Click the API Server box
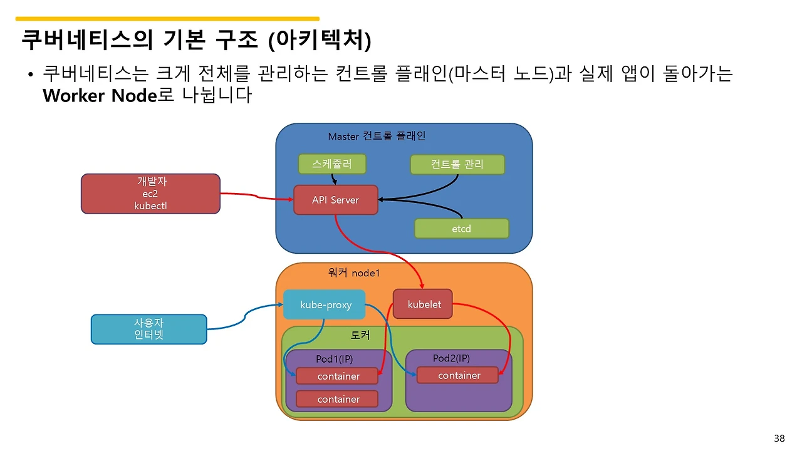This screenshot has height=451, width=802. click(x=336, y=200)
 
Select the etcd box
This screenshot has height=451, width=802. click(x=461, y=229)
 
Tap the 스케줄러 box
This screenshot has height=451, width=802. click(x=331, y=164)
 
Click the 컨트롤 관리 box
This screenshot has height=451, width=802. click(x=457, y=164)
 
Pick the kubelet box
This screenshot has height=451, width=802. click(x=424, y=304)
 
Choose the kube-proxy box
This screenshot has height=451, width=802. click(x=325, y=305)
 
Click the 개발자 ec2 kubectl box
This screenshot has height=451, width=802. click(x=150, y=194)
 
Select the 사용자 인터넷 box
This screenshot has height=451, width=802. click(x=148, y=329)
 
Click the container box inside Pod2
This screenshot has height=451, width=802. click(x=459, y=375)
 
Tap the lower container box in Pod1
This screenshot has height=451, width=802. click(x=338, y=399)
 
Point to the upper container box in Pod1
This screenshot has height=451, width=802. click(x=338, y=376)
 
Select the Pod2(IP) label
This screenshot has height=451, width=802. click(x=451, y=358)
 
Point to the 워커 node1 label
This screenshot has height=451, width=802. click(x=354, y=272)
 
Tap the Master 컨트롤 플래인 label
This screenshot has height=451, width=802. click(x=377, y=136)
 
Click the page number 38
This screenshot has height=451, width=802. click(x=779, y=438)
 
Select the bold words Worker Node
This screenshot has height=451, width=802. click(x=99, y=96)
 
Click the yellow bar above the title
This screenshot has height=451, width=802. click(x=167, y=19)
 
